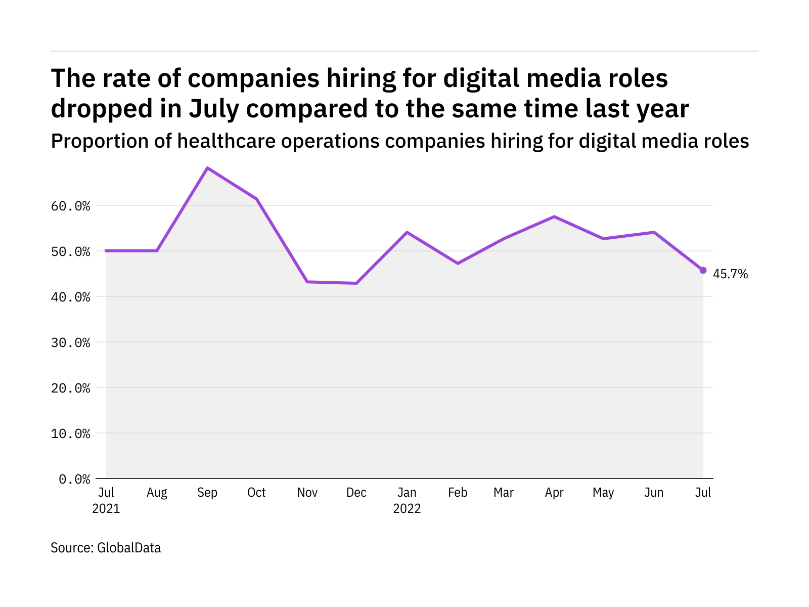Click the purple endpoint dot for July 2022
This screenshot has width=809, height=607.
tap(703, 270)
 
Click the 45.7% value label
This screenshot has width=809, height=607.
tap(730, 274)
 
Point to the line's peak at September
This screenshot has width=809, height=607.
tap(207, 168)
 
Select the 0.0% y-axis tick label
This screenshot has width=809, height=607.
tap(74, 479)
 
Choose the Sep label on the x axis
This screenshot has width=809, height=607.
tap(207, 493)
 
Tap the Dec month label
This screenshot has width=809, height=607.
tap(356, 493)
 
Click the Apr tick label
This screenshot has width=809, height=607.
tap(554, 493)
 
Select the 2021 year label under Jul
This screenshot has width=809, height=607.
tap(106, 508)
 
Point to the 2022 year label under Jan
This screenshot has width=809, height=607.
tap(407, 508)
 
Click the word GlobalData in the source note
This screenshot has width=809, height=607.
tap(129, 548)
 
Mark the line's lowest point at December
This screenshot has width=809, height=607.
tap(356, 283)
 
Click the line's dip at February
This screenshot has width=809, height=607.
tap(458, 264)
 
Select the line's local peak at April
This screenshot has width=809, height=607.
tap(555, 216)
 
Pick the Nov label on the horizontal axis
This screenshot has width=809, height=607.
tap(307, 493)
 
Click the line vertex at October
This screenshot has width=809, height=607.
tap(257, 199)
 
